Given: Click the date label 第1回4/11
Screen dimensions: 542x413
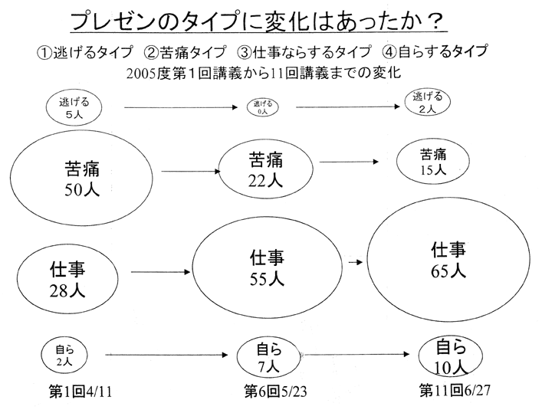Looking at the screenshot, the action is coord(80,392).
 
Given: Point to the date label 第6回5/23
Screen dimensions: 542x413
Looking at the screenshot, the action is coord(275,392).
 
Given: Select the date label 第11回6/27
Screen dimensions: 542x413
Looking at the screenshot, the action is coord(455,391).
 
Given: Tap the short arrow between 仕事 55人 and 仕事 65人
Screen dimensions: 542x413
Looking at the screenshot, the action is coord(356,262).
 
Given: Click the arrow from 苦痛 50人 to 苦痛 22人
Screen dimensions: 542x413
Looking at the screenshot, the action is coord(191,171).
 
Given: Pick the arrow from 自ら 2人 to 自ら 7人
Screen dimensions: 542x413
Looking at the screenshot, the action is coord(166,355).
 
